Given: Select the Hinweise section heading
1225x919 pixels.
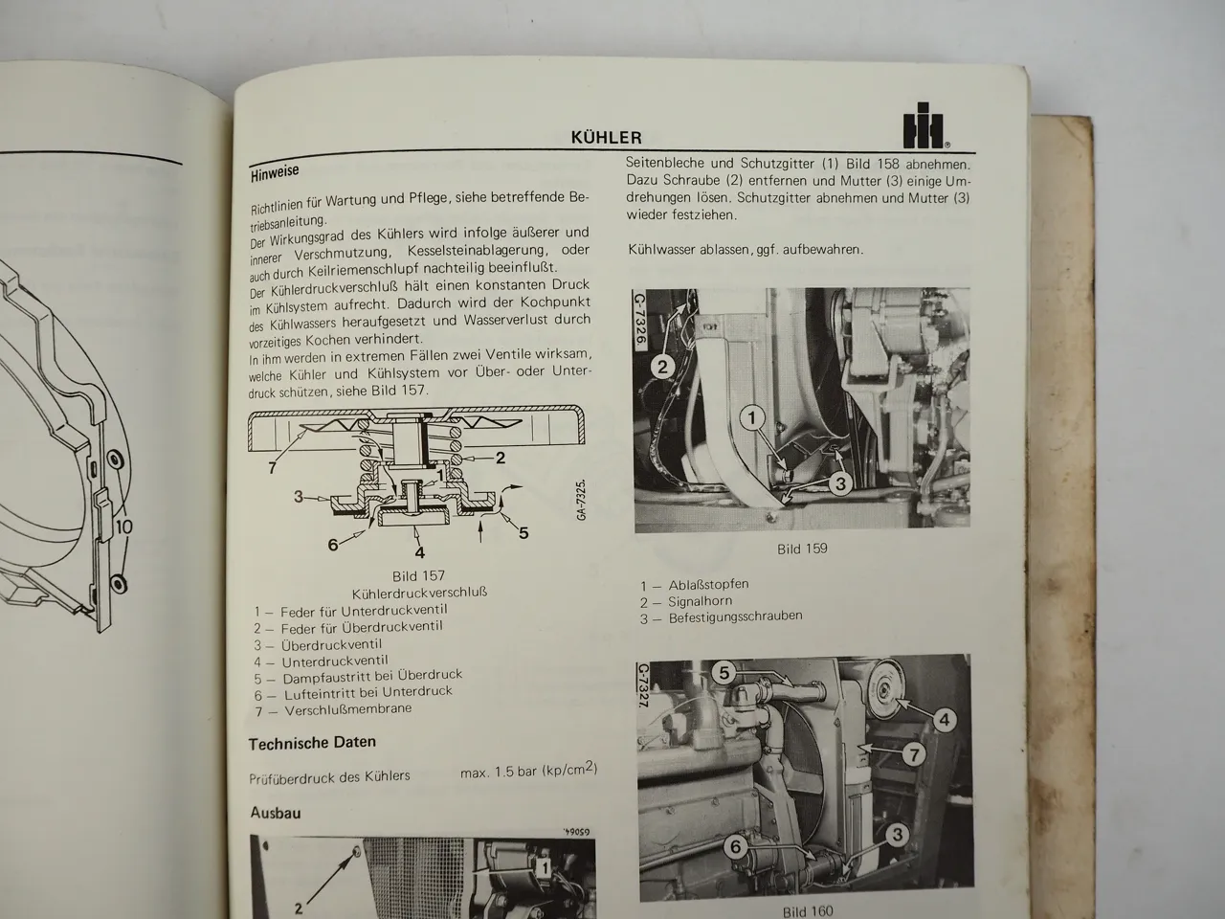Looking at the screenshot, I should tap(275, 172).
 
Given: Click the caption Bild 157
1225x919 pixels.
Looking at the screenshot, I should tap(419, 576).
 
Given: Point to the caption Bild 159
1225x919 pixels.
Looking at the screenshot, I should tap(802, 549).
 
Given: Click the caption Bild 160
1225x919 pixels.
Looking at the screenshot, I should tap(808, 911).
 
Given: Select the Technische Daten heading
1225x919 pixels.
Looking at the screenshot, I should tap(312, 742).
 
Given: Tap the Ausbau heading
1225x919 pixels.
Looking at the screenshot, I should tap(276, 812).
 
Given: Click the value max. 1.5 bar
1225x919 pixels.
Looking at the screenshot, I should tap(528, 772).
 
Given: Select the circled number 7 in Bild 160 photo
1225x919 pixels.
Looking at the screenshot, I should tap(915, 755).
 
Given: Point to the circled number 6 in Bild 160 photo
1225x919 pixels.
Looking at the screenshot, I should tap(735, 846).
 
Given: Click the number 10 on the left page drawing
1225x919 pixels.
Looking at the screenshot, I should tap(124, 526).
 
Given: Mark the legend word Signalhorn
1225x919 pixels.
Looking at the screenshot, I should tap(700, 601).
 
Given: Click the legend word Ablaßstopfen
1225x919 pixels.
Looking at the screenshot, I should tap(708, 584).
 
